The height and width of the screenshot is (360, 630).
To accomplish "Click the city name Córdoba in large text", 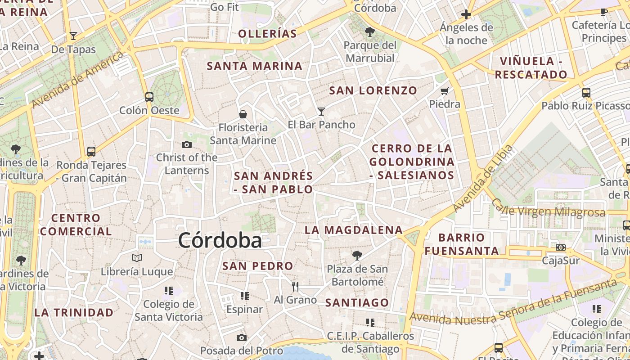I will [220, 240].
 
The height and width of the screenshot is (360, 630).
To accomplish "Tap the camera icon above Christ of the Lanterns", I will [186, 144].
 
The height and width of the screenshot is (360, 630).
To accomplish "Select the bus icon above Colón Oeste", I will [149, 97].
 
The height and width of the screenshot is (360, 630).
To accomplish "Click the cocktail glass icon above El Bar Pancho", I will [321, 111].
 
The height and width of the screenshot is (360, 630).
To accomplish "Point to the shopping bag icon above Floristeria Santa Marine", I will [243, 114].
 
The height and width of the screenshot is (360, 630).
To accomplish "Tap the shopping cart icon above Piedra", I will [445, 91].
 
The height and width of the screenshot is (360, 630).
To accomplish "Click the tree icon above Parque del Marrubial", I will [370, 31].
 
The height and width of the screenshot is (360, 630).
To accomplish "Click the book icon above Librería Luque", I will [137, 258].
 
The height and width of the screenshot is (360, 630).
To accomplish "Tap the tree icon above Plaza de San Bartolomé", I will [357, 255].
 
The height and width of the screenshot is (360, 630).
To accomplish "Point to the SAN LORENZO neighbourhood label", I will [373, 90].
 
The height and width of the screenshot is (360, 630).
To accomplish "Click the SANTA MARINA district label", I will [254, 66].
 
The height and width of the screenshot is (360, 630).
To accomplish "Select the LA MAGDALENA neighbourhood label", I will [354, 230].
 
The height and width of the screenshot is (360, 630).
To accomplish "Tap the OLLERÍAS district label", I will [267, 34].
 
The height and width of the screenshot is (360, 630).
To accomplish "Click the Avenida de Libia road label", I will [483, 178].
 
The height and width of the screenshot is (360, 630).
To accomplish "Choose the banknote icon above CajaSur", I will [560, 247].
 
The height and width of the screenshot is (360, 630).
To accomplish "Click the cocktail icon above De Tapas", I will [73, 36].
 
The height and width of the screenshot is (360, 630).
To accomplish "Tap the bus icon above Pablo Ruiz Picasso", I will [586, 92].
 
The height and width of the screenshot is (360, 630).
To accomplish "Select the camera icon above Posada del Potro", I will [242, 337].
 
